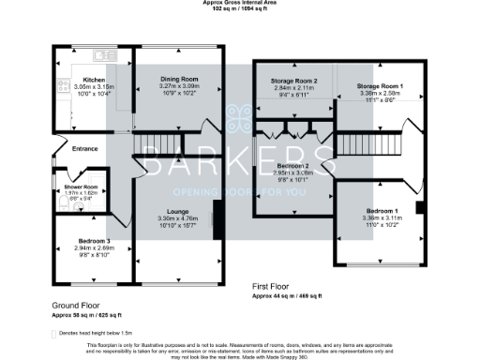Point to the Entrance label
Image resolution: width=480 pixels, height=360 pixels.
(x=85, y=148)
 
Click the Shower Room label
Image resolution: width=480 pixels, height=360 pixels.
(x=67, y=187)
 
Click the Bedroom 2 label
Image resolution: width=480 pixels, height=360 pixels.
(x=290, y=165)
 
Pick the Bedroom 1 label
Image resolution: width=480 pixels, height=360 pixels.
(x=381, y=212)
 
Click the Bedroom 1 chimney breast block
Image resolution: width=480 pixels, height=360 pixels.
(x=419, y=206)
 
